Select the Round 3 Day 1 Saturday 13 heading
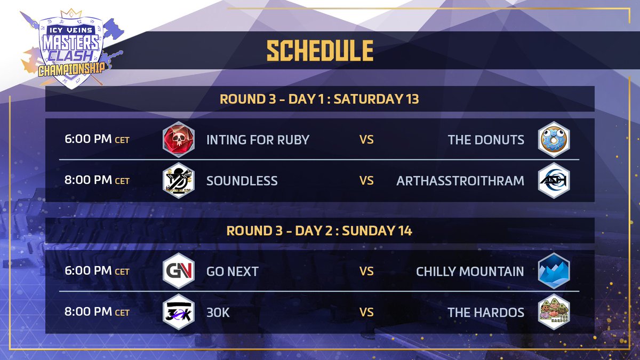(319, 99)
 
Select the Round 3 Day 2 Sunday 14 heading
(319, 231)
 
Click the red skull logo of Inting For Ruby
(177, 140)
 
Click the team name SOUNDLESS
(242, 181)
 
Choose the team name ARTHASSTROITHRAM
(460, 181)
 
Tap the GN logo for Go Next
(177, 271)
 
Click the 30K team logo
(177, 312)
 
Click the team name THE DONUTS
(486, 140)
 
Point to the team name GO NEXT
(233, 271)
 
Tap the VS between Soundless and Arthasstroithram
(366, 181)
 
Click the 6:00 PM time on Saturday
(97, 140)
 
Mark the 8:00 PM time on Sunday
(97, 312)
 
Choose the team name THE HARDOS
(486, 312)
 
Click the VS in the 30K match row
(366, 312)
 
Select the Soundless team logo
(177, 181)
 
